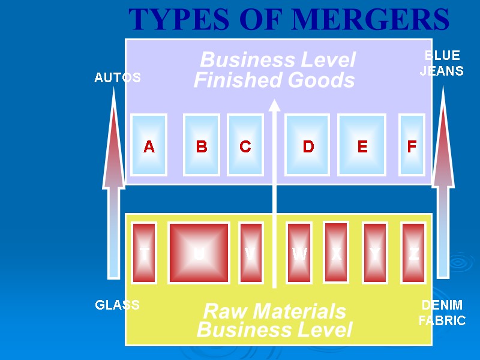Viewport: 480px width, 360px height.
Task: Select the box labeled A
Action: click(149, 145)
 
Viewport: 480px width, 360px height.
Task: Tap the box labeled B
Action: click(202, 145)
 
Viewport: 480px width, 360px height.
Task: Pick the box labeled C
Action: click(245, 145)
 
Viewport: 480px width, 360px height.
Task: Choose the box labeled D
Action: click(308, 145)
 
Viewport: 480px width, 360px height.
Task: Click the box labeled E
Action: click(362, 145)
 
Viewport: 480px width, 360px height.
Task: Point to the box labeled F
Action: click(412, 145)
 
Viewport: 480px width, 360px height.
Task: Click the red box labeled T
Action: click(144, 253)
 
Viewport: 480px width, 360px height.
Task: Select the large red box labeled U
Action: click(199, 253)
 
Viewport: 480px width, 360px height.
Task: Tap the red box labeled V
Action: click(251, 253)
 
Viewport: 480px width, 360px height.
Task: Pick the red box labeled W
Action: click(299, 253)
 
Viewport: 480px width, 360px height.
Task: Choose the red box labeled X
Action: click(336, 253)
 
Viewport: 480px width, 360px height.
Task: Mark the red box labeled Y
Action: click(375, 253)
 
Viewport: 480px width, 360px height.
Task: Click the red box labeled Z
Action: click(413, 253)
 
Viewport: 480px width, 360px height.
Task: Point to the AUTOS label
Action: click(118, 77)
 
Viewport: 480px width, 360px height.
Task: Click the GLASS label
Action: click(118, 305)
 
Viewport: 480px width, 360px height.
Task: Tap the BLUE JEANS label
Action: click(442, 63)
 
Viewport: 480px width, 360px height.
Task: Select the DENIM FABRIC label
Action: click(442, 313)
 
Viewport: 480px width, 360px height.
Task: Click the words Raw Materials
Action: click(275, 311)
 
